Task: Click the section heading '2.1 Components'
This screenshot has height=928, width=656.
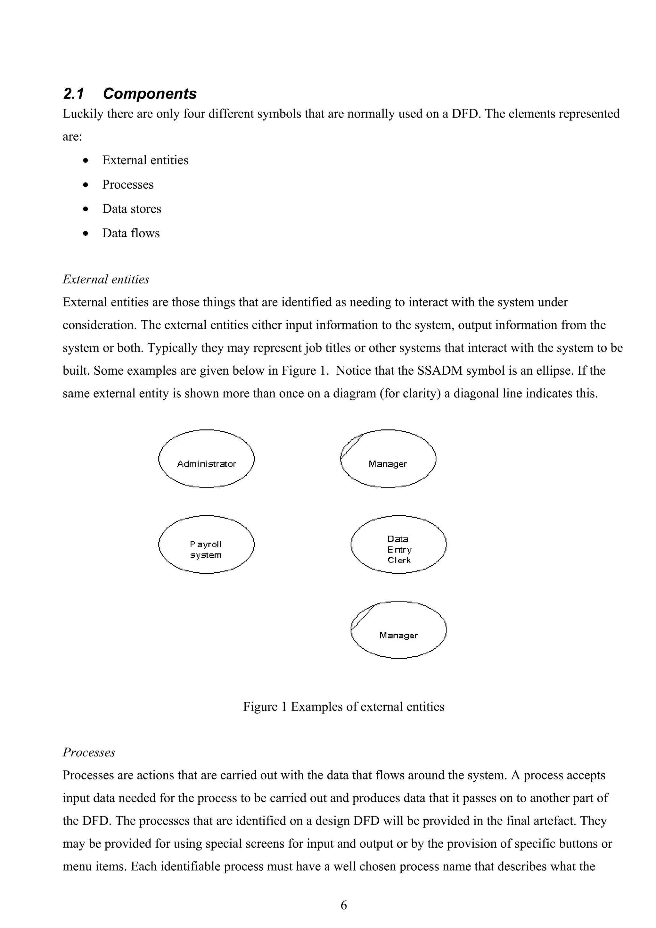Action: point(130,94)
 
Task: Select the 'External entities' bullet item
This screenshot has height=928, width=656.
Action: point(145,160)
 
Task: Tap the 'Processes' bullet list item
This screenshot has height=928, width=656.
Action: point(128,185)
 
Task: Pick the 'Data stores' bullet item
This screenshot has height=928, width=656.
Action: point(131,209)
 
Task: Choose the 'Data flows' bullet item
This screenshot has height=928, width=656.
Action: point(131,233)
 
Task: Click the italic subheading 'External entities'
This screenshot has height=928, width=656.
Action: point(106,279)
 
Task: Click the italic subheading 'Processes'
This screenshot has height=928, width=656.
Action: point(89,753)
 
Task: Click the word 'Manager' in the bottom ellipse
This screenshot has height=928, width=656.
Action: point(398,635)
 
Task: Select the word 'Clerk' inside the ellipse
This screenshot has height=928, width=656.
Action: point(399,560)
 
